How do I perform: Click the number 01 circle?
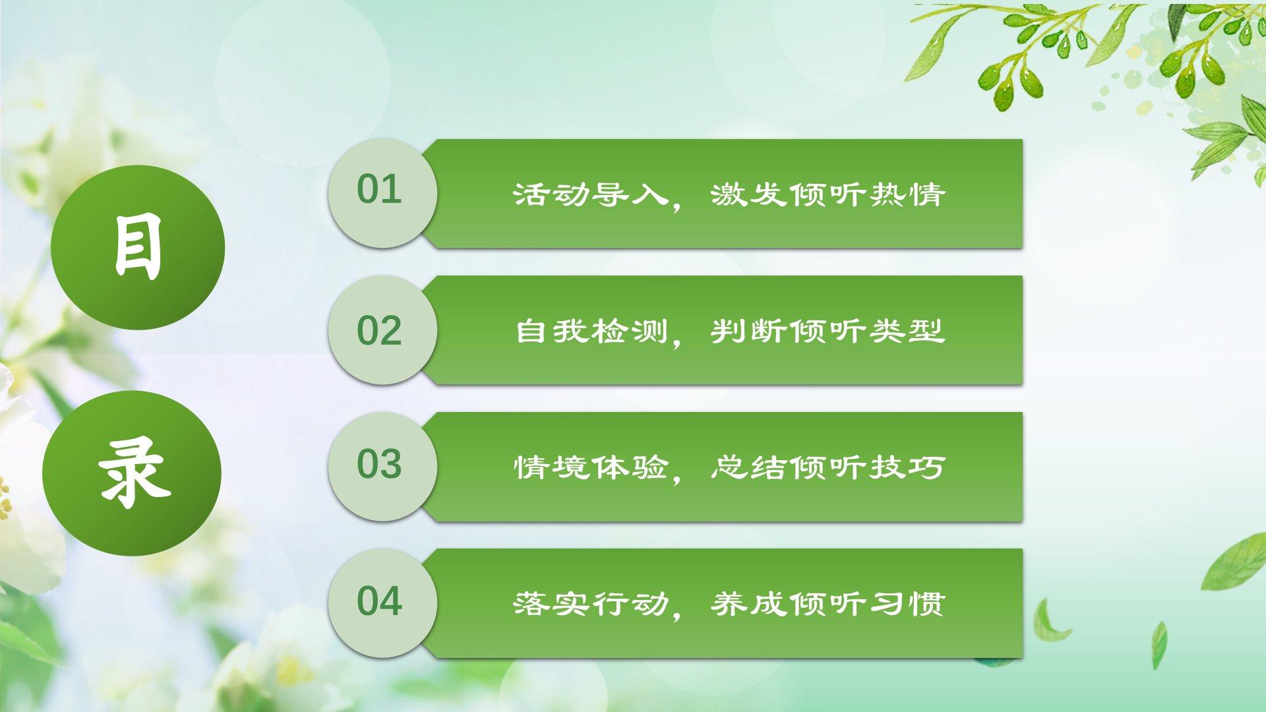382,193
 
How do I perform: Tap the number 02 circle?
382,330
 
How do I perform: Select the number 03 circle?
382,466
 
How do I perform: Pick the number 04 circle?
382,603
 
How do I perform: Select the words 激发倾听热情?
828,194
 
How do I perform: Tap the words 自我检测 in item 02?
591,331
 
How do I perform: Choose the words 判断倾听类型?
828,331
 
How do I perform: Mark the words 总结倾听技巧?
828,467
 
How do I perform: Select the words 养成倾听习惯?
828,604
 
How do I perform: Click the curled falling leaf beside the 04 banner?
1048,621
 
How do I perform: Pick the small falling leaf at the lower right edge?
1159,645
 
